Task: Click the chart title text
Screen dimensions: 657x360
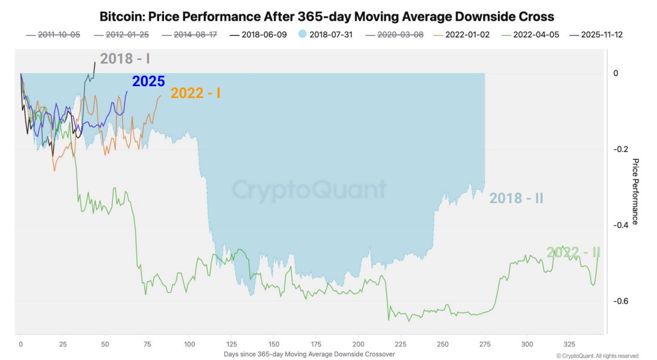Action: pos(327,17)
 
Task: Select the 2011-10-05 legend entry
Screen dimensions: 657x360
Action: pos(53,35)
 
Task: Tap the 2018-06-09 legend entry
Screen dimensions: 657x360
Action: pos(258,35)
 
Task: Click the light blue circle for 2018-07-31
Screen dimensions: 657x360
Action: pos(302,34)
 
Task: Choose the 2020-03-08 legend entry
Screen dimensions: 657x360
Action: pos(394,35)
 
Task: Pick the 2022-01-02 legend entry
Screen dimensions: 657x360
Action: pos(462,35)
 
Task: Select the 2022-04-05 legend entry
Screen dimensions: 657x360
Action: pos(530,35)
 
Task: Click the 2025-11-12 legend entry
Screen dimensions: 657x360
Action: pos(596,35)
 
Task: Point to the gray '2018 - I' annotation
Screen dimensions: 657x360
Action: pos(125,59)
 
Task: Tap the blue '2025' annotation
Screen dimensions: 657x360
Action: pos(149,81)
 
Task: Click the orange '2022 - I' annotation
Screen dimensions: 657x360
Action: pos(195,93)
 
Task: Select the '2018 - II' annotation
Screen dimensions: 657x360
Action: pos(516,198)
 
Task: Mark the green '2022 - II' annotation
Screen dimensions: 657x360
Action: pos(573,252)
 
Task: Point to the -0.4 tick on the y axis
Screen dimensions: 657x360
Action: pos(621,225)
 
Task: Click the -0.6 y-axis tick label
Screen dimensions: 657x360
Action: pos(621,301)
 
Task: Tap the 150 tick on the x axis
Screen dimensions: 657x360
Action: pos(274,345)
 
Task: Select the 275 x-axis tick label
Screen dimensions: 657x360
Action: pos(485,345)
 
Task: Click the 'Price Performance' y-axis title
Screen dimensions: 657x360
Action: pos(635,191)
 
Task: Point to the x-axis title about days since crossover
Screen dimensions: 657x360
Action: pos(309,355)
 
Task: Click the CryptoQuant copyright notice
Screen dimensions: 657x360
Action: pos(598,356)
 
